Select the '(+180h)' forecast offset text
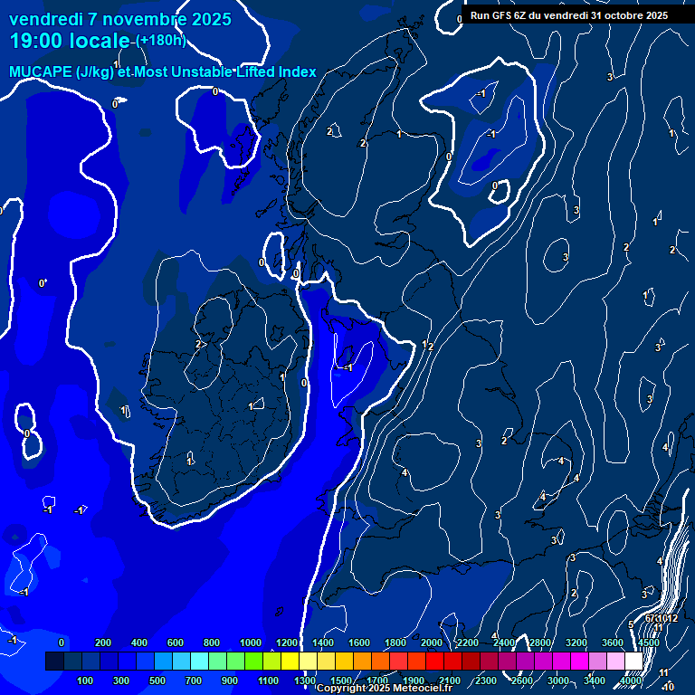(x=160, y=40)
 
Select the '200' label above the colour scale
(x=102, y=643)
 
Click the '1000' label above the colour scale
(x=251, y=643)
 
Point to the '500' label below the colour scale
(x=158, y=680)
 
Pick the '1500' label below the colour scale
(x=341, y=680)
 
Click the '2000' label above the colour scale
(x=432, y=643)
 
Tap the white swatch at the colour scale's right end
(x=633, y=662)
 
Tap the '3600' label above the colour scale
(x=613, y=643)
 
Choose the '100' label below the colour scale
(x=86, y=680)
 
